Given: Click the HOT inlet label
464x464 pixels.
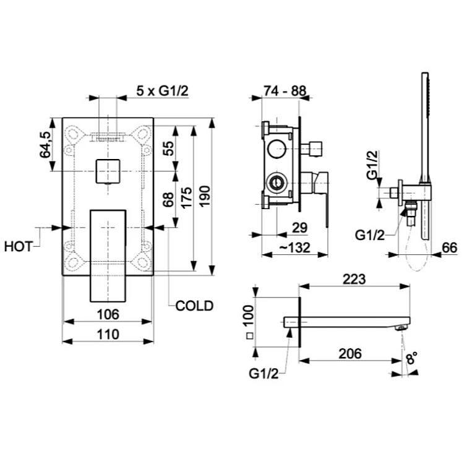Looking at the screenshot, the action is click(18, 247).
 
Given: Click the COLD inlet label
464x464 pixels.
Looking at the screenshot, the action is click(194, 306).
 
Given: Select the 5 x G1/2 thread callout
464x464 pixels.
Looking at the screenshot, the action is click(163, 90).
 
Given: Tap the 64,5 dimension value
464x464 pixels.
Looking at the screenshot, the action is click(45, 145).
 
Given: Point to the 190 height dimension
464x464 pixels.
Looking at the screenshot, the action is click(205, 196).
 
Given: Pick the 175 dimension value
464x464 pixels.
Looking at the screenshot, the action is click(186, 198).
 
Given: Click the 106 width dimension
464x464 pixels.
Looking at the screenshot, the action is click(108, 314).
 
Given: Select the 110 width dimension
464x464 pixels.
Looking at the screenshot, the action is click(108, 334).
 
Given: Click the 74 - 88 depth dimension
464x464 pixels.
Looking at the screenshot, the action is click(285, 90).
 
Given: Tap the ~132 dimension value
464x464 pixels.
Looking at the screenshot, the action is click(294, 247).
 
